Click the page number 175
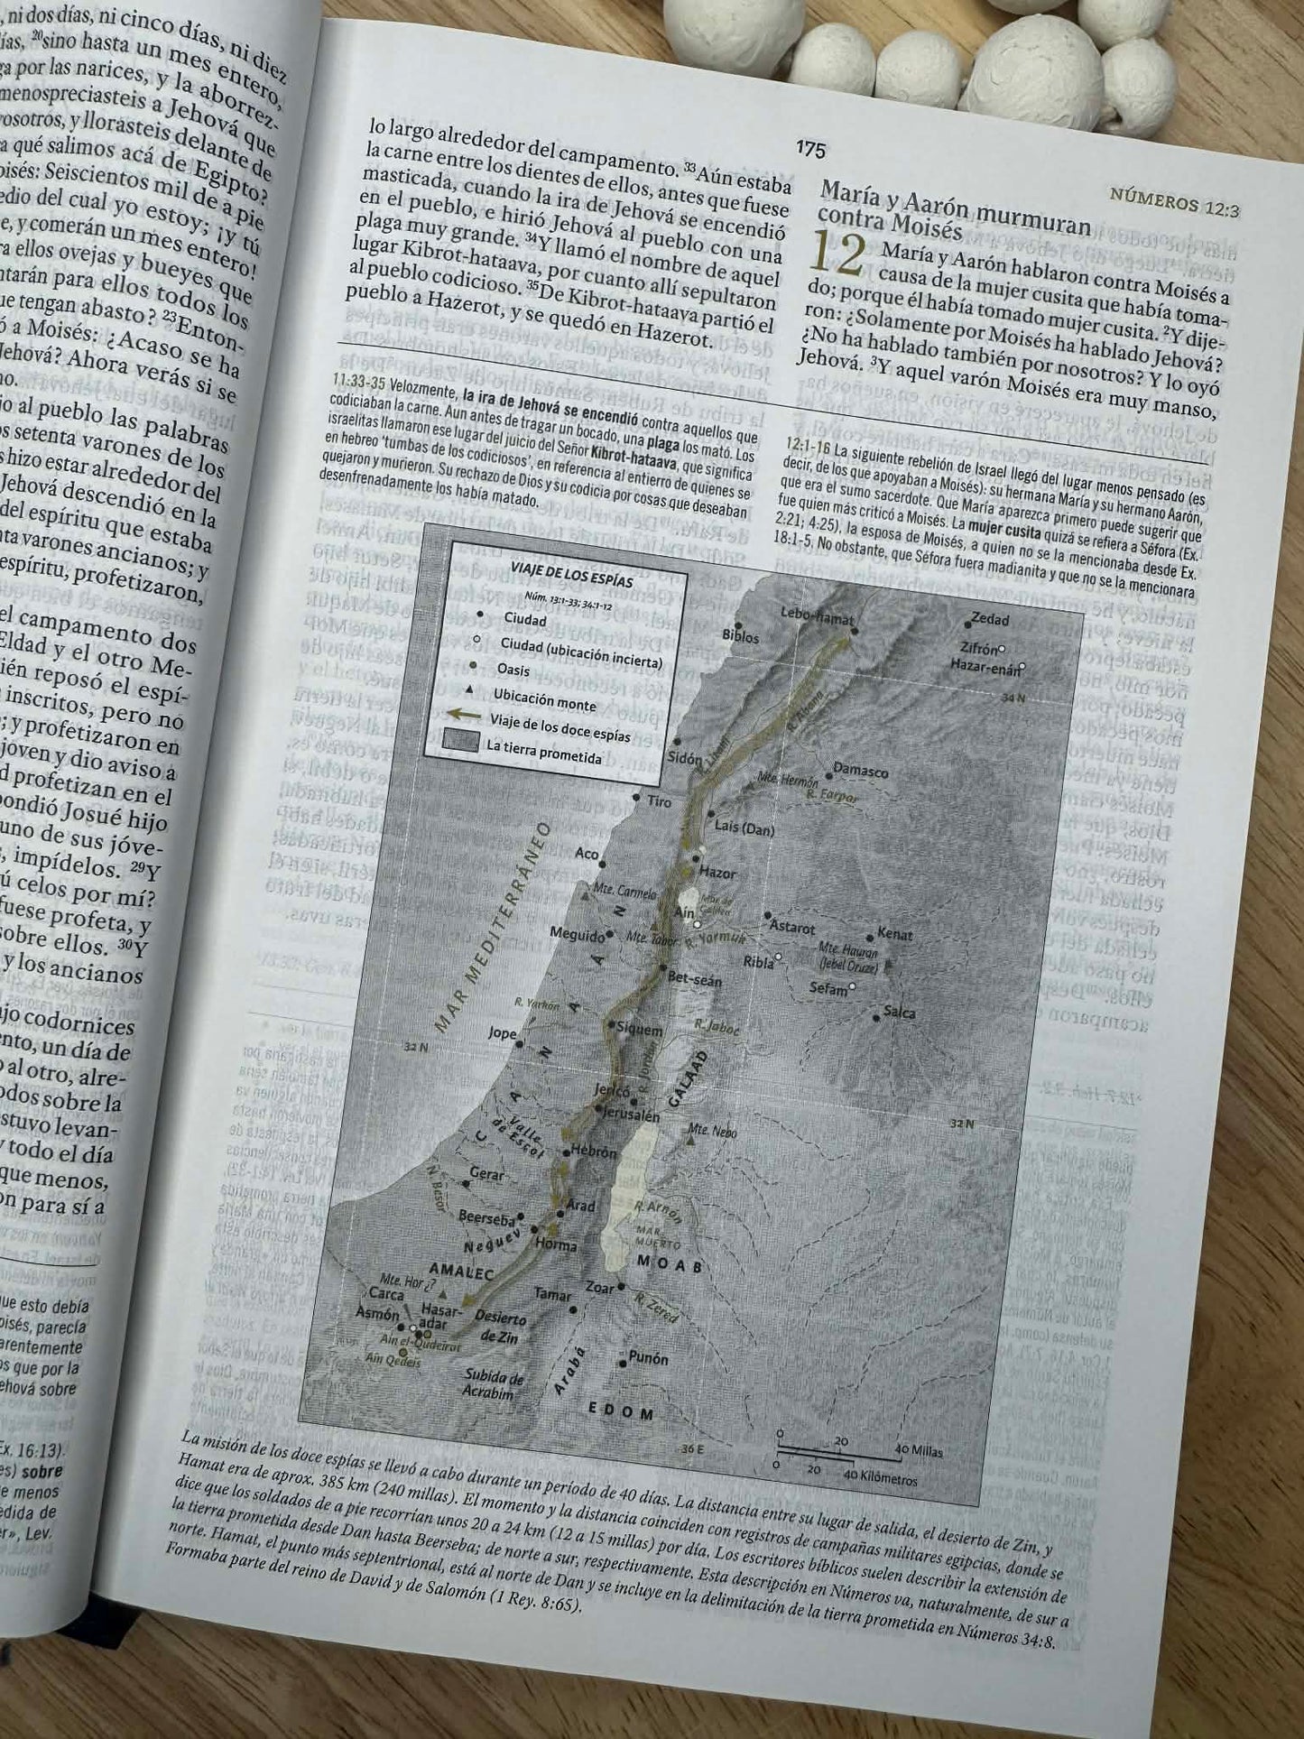pos(810,150)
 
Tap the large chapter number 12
pos(837,254)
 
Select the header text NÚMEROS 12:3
pos(1174,202)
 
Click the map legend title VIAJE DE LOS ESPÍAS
pos(571,575)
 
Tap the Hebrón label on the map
pos(593,1152)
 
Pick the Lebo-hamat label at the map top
pos(816,616)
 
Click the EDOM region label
pos(620,1411)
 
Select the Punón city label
pos(648,1358)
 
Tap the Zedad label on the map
pos(989,619)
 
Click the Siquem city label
pos(639,1030)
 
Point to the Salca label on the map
pos(899,1013)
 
